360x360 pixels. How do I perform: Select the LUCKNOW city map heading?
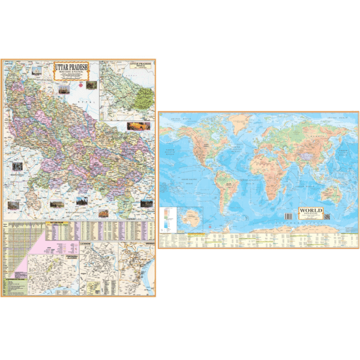pyautogui.click(x=89, y=245)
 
